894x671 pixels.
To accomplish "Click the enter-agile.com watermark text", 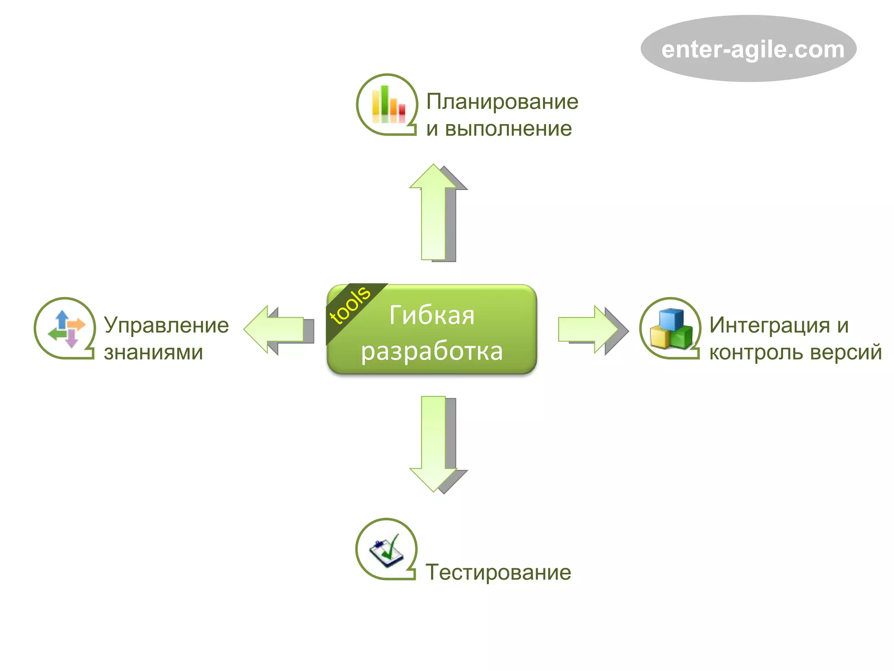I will click(753, 49).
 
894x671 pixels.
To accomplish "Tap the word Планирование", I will click(502, 101).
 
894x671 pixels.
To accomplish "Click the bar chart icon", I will click(388, 104).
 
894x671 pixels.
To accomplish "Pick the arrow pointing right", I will click(588, 329).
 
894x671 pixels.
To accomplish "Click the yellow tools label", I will click(350, 306).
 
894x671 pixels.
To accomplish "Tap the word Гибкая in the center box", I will click(432, 315).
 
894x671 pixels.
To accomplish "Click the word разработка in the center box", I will click(432, 351).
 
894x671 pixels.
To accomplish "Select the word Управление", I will click(166, 325).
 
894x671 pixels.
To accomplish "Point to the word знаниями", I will click(153, 353).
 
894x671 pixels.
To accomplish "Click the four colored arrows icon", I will click(66, 329).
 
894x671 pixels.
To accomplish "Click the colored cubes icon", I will click(671, 329).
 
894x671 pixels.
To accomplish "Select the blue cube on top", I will click(671, 319).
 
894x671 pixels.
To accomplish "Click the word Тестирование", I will click(498, 572).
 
